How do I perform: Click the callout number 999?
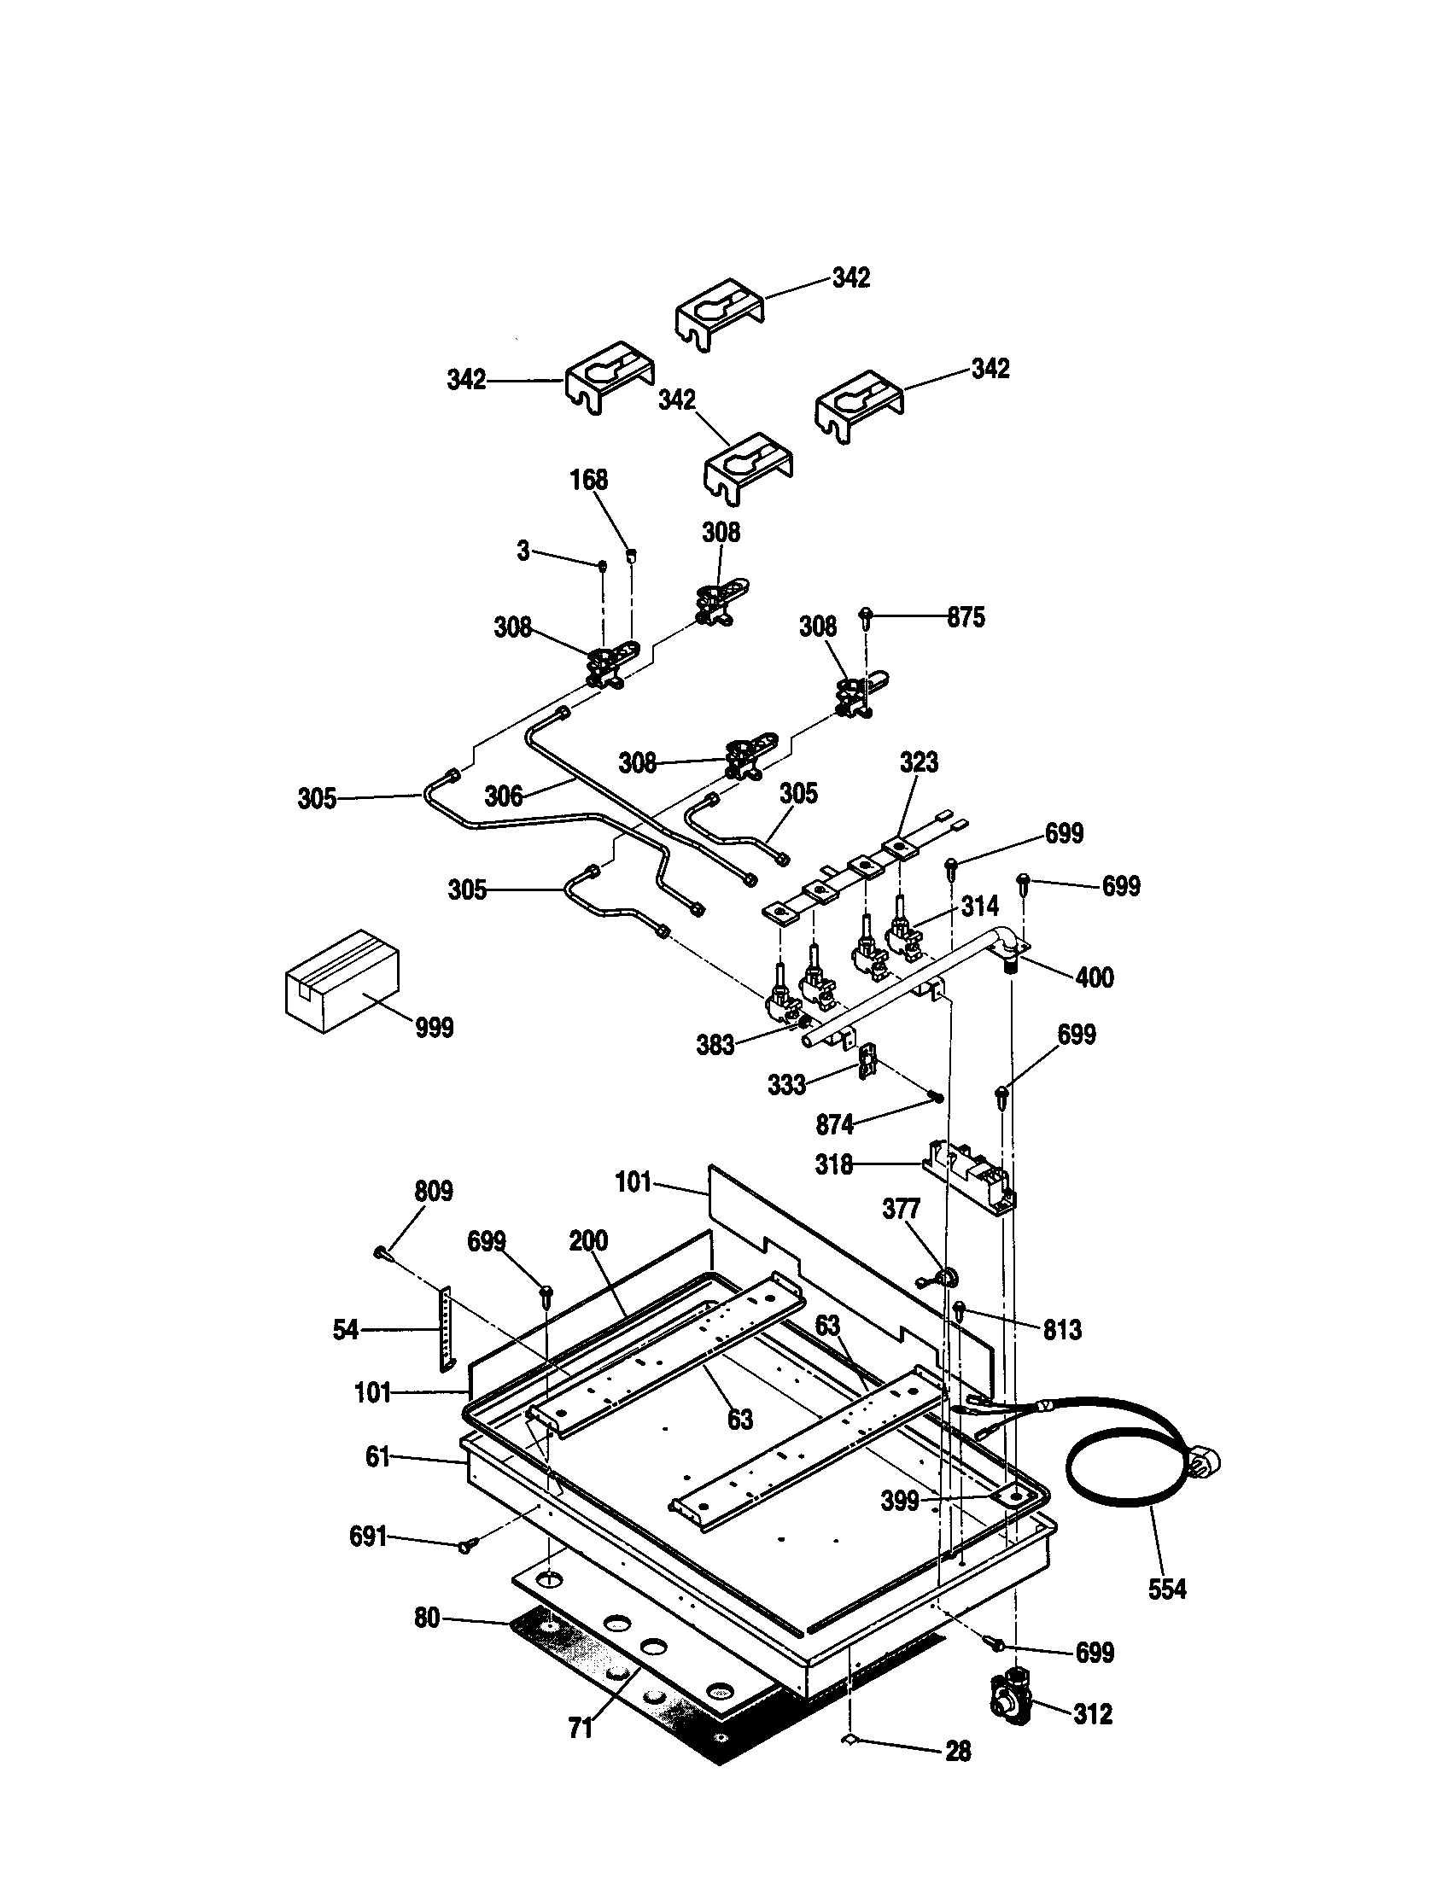click(x=435, y=1028)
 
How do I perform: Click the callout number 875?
click(x=966, y=617)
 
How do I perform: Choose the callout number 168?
click(x=589, y=480)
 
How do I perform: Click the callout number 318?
click(x=834, y=1165)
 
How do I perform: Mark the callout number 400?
click(x=1095, y=977)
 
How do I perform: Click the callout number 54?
click(x=346, y=1330)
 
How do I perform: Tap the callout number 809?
click(x=434, y=1191)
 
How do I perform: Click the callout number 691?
click(x=368, y=1537)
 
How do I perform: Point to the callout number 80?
click(x=427, y=1618)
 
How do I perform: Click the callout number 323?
click(x=920, y=762)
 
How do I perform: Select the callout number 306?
click(x=503, y=796)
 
